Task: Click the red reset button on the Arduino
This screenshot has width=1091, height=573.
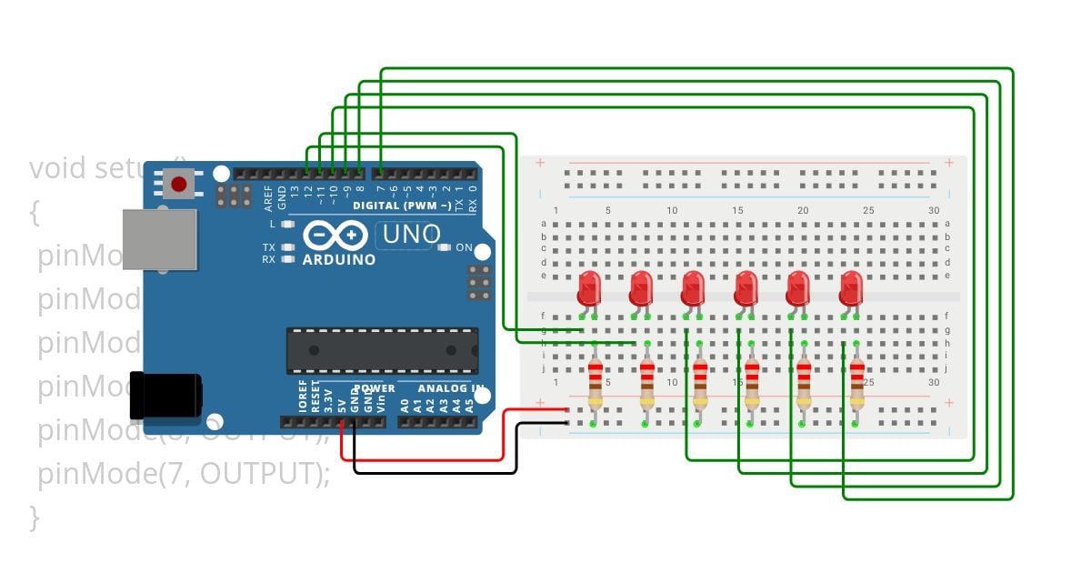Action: (179, 185)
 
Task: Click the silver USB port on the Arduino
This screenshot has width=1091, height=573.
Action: (160, 239)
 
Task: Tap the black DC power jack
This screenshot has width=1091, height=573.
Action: (165, 396)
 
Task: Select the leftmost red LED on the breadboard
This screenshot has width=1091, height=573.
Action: (589, 288)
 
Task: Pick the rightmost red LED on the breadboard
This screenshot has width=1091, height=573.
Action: (851, 288)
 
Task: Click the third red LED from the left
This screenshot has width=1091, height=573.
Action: (694, 288)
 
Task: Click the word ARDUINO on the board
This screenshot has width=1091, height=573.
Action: (338, 260)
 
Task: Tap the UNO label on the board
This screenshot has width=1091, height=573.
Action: (411, 235)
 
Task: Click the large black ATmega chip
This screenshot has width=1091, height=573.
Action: (382, 350)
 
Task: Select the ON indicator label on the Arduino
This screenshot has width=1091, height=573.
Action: (464, 247)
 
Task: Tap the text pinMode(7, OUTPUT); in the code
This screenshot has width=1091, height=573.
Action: (183, 474)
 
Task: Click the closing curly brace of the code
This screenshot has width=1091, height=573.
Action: (35, 517)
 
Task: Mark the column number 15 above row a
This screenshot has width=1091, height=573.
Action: (738, 211)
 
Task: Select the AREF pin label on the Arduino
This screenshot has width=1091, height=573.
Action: (268, 194)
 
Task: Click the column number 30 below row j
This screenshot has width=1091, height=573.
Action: (934, 383)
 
